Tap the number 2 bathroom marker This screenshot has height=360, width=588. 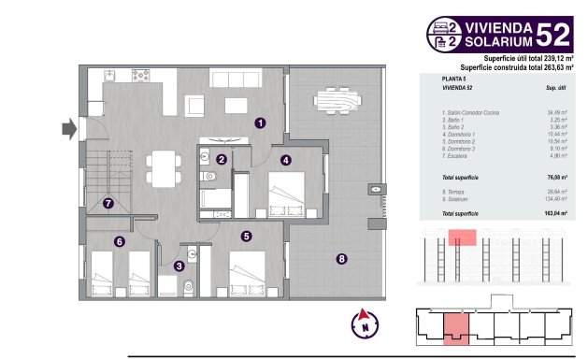222,160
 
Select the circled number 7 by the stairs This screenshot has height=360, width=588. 109,202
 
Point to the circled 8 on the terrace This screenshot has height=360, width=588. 342,259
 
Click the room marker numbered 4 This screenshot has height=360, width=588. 285,160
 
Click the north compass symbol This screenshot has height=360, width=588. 360,324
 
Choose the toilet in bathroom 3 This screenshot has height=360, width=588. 187,286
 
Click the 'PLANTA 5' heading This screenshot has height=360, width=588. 455,80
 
